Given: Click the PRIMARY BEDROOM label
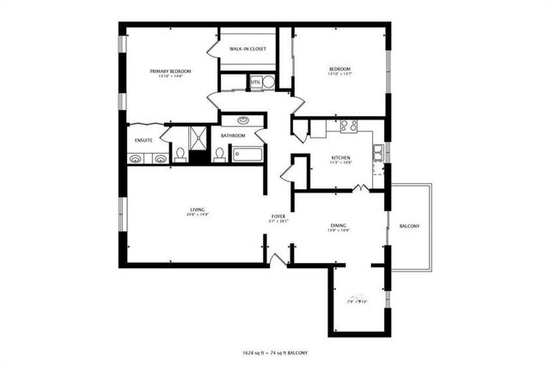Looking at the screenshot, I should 169,71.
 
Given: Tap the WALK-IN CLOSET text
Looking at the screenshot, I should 247,49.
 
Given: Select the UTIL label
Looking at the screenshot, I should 255,82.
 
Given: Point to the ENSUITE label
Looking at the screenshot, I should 144,140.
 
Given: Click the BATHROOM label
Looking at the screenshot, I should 233,136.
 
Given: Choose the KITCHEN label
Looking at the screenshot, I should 341,157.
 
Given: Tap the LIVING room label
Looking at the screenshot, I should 198,210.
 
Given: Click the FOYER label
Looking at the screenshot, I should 278,217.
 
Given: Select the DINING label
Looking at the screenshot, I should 338,226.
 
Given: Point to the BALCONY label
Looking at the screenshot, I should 409,226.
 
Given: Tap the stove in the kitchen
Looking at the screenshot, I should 348,125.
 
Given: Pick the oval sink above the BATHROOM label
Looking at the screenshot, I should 242,121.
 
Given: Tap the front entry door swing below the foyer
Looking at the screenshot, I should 278,259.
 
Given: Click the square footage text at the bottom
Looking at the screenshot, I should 275,353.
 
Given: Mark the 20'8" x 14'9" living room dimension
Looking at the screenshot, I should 199,215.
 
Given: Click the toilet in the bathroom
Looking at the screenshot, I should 219,155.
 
